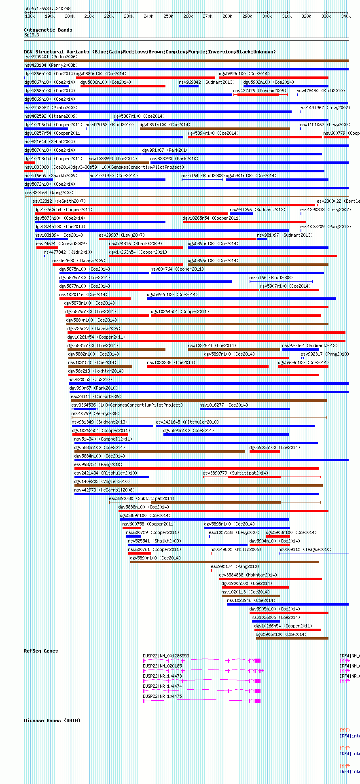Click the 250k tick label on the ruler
(168, 17)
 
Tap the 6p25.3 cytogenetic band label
(32, 35)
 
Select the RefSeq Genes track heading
(41, 651)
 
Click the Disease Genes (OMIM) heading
(52, 720)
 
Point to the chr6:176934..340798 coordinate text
(47, 8)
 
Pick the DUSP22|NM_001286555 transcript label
(166, 656)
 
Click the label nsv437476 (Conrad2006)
(259, 91)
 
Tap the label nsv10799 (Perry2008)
(95, 413)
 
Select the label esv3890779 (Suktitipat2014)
(235, 473)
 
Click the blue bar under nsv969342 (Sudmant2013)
(188, 86)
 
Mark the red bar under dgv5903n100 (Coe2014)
(265, 451)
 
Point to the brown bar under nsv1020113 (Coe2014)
(250, 596)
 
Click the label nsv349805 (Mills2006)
(227, 549)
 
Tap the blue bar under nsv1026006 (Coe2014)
(266, 621)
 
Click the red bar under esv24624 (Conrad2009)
(47, 248)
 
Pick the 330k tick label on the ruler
(326, 17)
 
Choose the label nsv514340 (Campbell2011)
(103, 439)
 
